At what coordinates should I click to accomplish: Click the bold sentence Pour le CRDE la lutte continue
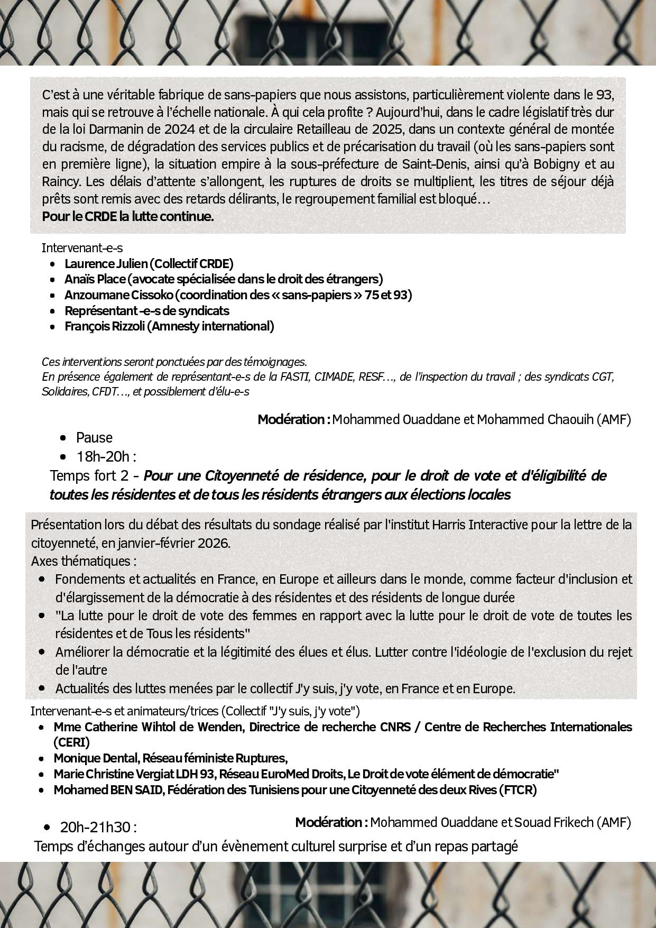point(128,216)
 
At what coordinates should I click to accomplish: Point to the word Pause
point(94,437)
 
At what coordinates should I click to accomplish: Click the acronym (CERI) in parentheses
point(72,742)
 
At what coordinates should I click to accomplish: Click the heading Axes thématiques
point(84,561)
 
